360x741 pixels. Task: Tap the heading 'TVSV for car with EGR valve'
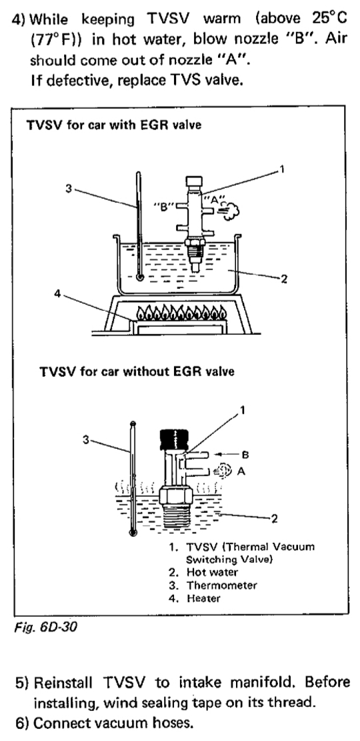pos(114,125)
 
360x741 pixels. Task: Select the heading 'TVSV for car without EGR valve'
pos(137,371)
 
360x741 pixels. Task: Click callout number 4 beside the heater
pos(57,294)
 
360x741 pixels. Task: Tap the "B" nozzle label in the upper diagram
pos(164,207)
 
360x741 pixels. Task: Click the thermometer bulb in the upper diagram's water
pos(140,277)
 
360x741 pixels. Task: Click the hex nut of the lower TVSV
pos(176,495)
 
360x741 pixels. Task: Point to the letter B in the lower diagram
pos(245,455)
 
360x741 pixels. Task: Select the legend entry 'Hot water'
pos(203,572)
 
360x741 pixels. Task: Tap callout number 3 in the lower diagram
pos(85,440)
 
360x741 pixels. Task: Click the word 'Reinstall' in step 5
pos(65,683)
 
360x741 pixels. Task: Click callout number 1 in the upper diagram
pos(281,169)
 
